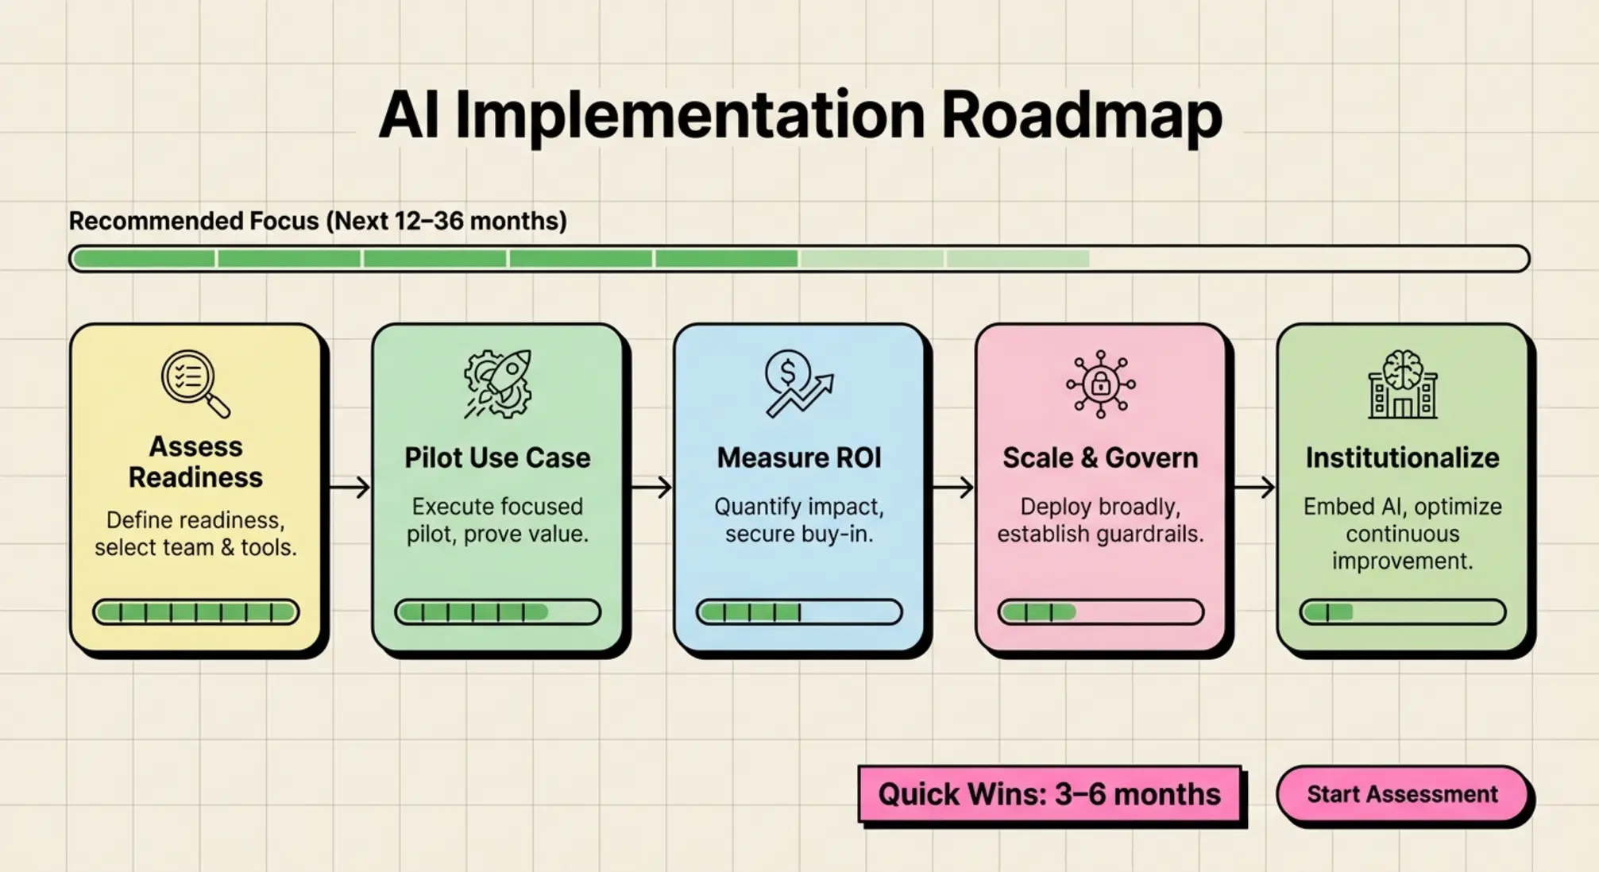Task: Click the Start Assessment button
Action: click(1402, 794)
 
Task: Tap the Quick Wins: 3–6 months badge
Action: click(1049, 794)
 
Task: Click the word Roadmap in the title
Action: click(1081, 116)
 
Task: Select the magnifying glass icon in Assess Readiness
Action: click(195, 384)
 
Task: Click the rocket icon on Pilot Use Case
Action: click(498, 384)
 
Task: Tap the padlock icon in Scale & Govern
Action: click(1100, 384)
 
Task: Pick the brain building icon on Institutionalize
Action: click(1402, 384)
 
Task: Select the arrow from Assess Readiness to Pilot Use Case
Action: click(350, 487)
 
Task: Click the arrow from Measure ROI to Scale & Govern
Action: click(952, 487)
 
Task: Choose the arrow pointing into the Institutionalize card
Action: click(1254, 487)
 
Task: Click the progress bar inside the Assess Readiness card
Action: click(195, 612)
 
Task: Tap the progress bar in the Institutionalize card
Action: click(1402, 612)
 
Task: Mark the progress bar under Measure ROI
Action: click(799, 612)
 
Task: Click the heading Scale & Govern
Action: click(1100, 458)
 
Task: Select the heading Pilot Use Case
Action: click(497, 458)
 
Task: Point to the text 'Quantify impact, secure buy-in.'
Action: click(799, 520)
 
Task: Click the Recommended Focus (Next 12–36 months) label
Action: click(318, 221)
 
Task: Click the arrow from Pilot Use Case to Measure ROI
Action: click(651, 487)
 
